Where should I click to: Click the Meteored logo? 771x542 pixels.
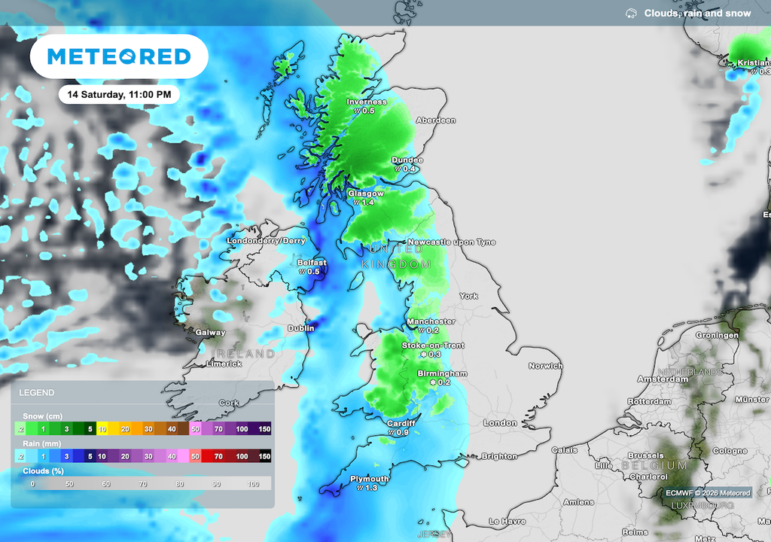(x=118, y=56)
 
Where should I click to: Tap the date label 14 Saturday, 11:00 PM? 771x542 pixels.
(x=119, y=95)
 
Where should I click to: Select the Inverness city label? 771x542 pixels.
(x=367, y=102)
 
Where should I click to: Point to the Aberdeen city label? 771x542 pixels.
(x=436, y=120)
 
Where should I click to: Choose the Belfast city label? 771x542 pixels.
(x=311, y=262)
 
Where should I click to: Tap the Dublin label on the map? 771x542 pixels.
(x=301, y=328)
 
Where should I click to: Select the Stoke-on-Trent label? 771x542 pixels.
(x=433, y=346)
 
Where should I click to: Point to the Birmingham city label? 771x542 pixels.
(x=443, y=373)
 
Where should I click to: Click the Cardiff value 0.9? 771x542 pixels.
(x=402, y=433)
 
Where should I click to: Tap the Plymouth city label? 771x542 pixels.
(x=370, y=479)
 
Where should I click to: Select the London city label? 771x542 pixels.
(x=500, y=423)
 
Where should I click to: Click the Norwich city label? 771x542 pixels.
(x=545, y=366)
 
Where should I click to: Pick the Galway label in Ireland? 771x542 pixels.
(x=210, y=332)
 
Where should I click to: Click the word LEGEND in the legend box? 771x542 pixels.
(x=36, y=393)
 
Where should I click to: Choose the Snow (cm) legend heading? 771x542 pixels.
(x=44, y=416)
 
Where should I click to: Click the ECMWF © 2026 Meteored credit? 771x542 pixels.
(x=708, y=493)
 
